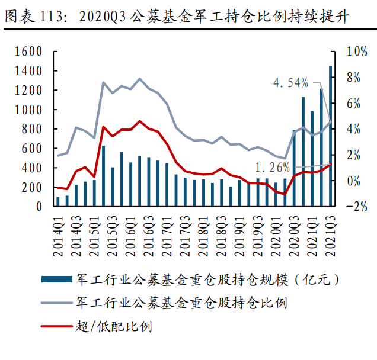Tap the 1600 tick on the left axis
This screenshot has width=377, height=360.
pos(29,52)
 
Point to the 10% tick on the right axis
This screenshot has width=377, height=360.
pos(354,52)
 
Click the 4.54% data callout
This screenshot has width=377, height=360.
pos(290,82)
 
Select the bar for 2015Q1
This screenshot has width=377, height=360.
pos(94,193)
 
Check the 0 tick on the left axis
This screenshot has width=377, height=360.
pos(39,207)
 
